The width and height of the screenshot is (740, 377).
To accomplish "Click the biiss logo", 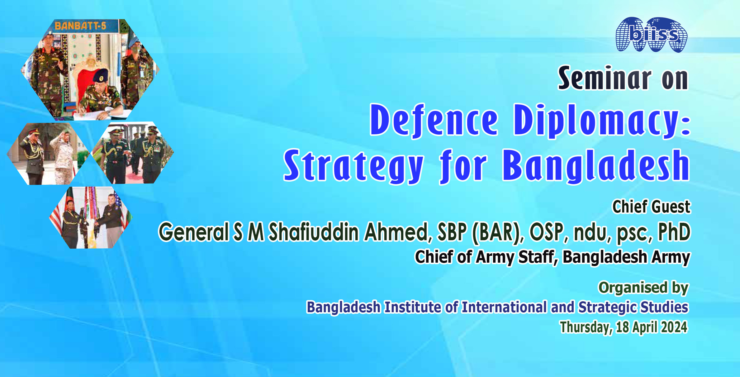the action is coord(652,35).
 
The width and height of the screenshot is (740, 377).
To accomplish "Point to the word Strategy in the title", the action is coord(354,166).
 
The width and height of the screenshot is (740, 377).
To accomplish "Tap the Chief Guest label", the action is coord(651,207).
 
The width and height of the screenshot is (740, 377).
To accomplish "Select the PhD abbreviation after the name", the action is coord(674,232).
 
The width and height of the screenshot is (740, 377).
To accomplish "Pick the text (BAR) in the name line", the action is coord(498,232).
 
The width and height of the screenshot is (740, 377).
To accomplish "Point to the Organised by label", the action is coord(643,288).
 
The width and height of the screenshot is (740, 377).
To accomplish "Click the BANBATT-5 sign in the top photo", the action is coord(80,26).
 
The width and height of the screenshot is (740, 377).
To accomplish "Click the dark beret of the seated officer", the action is coord(101,76).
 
